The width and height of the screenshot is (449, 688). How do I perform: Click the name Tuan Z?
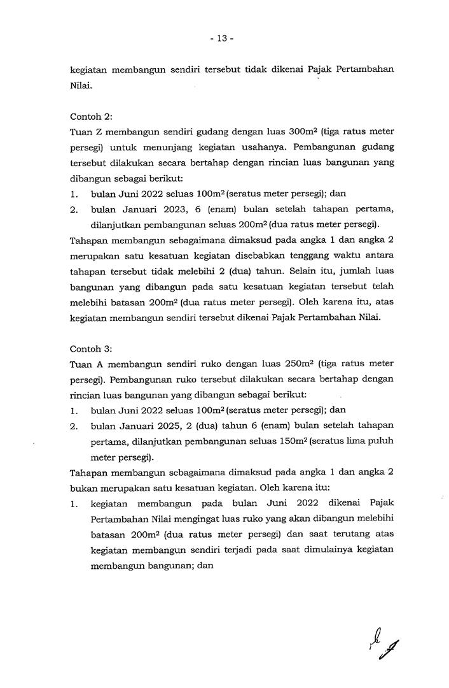pos(86,132)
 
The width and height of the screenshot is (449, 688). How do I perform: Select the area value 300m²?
pos(303,131)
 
